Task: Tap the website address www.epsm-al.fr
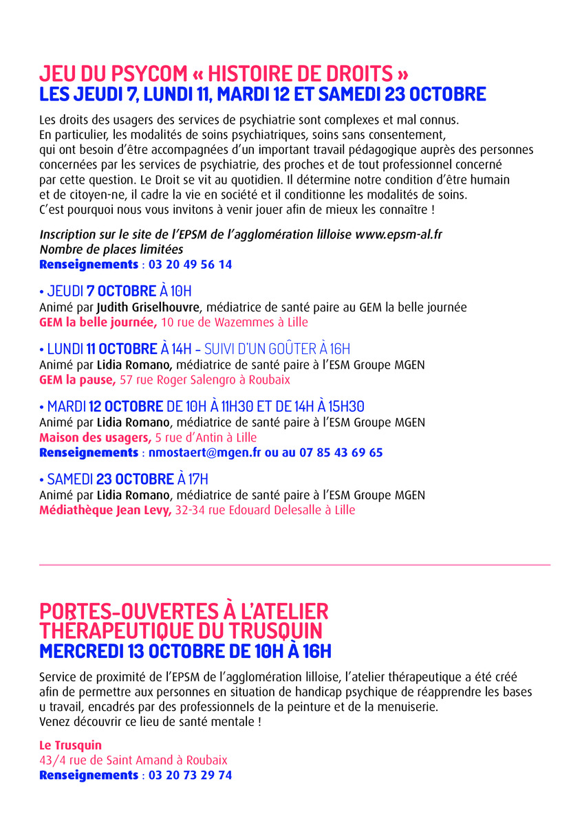(x=398, y=234)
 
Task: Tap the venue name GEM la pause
(x=77, y=379)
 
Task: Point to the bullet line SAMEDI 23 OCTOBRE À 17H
(x=124, y=479)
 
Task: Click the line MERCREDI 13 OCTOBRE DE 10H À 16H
(x=186, y=650)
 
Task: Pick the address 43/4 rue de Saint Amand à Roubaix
(x=133, y=760)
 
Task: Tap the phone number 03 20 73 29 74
(x=188, y=775)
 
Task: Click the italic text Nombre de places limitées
(x=111, y=249)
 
